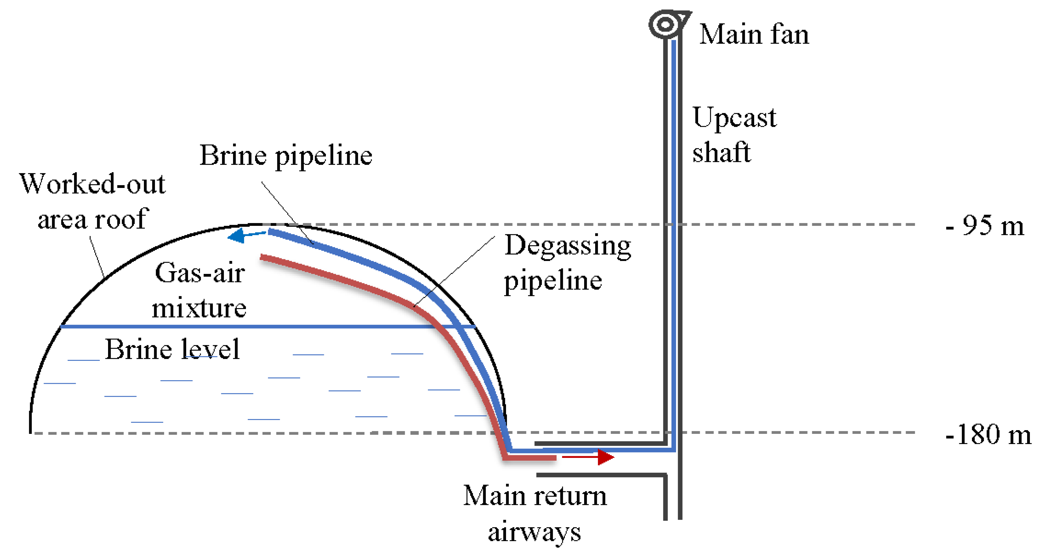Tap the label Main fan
tap(754, 34)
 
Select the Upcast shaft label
tap(733, 134)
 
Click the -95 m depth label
tap(984, 226)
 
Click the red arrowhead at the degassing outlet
tap(605, 457)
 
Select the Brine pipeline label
tap(286, 156)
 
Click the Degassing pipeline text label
tap(567, 263)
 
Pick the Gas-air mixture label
tap(199, 290)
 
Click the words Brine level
tap(172, 349)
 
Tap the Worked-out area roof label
tap(92, 202)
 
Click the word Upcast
tap(734, 118)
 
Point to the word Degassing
tap(568, 245)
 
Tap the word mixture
tap(199, 308)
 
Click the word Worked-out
tap(92, 184)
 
